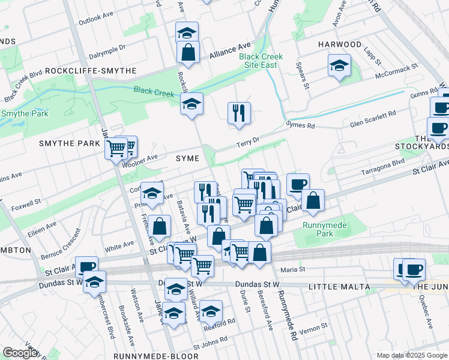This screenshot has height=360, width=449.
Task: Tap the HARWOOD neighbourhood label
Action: (x=340, y=44)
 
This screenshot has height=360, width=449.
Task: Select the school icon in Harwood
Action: (x=339, y=66)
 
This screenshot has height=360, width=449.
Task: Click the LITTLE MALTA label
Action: (x=339, y=287)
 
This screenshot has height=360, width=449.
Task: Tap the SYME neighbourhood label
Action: (x=187, y=158)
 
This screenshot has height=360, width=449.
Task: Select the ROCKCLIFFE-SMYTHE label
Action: (x=98, y=71)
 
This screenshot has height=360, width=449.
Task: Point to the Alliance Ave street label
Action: (x=229, y=52)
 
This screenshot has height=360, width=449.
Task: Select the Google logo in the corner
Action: (x=20, y=353)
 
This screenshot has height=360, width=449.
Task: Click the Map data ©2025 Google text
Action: (x=412, y=355)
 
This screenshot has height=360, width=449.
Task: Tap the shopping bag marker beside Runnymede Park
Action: (x=313, y=201)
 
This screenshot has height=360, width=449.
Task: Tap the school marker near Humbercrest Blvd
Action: (x=94, y=283)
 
